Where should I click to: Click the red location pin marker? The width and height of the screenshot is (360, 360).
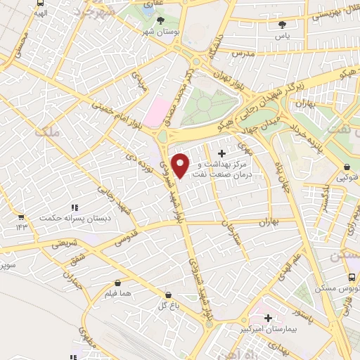point(181,166)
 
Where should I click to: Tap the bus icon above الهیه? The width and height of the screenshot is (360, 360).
point(41,3)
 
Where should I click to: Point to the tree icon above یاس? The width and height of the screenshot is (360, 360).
point(282,24)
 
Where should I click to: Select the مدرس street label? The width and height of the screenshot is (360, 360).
point(242,53)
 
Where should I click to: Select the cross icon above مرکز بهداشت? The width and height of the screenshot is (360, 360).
point(223,153)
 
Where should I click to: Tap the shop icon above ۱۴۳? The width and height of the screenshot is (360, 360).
point(20,217)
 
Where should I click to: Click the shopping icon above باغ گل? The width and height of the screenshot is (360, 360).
point(167,295)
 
